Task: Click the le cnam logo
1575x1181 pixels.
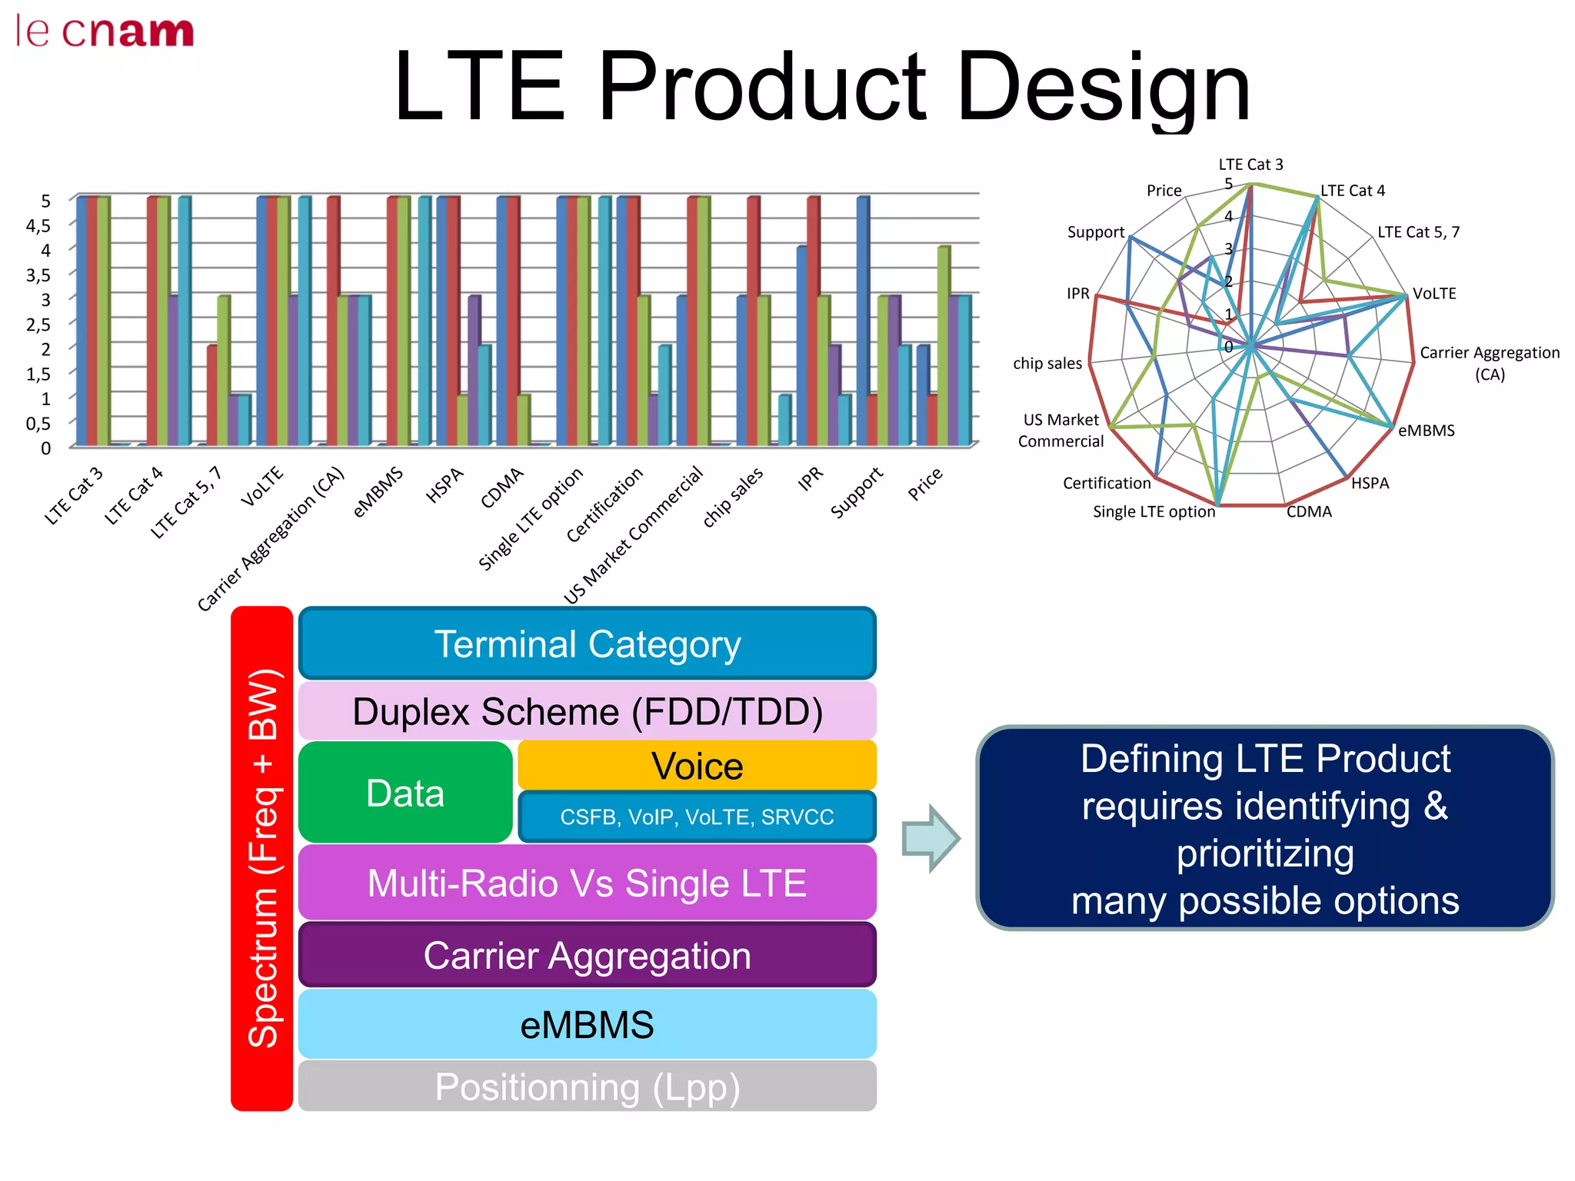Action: pos(105,32)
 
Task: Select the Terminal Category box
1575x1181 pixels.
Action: pos(588,644)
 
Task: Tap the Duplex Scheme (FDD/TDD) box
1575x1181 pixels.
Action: pos(588,711)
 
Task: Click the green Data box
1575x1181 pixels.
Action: pos(405,793)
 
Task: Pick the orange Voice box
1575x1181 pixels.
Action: pos(697,766)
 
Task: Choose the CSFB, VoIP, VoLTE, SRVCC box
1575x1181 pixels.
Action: pos(697,817)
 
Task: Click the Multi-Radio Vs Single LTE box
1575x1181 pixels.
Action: pos(588,883)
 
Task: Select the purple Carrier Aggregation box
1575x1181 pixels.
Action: pos(588,955)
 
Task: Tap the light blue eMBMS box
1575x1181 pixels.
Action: pos(588,1024)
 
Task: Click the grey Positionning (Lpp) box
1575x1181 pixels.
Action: pos(588,1086)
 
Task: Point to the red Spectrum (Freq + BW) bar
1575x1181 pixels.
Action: pos(262,858)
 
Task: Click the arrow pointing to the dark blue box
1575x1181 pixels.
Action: pos(931,838)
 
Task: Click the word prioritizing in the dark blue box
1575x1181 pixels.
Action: pos(1265,854)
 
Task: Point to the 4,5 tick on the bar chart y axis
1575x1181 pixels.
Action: pos(38,225)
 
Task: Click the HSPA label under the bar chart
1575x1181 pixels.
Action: pos(445,485)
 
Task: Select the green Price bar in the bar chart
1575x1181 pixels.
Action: pos(944,346)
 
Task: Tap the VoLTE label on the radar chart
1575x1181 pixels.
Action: pos(1434,294)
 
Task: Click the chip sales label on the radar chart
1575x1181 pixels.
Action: pos(1047,363)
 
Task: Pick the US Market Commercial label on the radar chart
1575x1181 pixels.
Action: pos(1061,431)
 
